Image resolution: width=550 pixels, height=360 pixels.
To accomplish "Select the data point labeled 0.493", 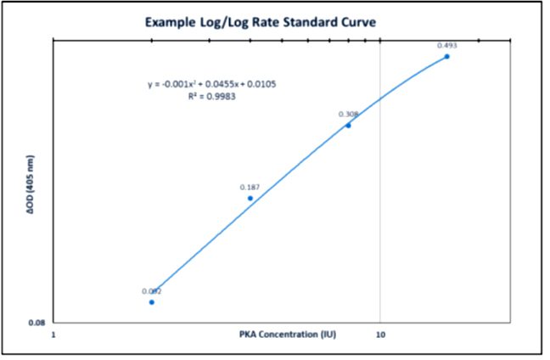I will pos(446,56).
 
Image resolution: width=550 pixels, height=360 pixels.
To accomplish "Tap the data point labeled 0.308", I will pos(348,125).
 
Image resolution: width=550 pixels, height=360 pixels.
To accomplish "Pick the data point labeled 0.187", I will pos(250,198).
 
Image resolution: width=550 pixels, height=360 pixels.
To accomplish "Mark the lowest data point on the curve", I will pos(152,301).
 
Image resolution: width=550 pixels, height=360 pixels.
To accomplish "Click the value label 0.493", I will pos(446,45).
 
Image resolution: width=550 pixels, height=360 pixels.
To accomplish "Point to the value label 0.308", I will pos(348,114).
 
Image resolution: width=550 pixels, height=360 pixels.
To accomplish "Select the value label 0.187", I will pos(250,187).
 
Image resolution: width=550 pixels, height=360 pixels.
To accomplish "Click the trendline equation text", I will pos(212,84).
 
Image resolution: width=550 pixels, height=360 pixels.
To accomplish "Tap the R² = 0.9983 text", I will pos(212,97).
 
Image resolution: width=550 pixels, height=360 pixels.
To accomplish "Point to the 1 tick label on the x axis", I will pos(55,335).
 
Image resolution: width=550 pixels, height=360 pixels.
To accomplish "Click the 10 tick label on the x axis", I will pos(381,335).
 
